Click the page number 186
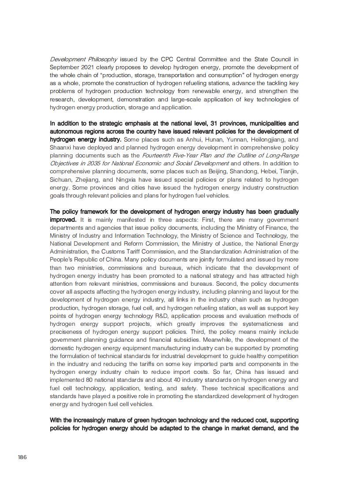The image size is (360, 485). click(x=22, y=457)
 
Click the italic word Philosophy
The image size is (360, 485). click(x=102, y=59)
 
